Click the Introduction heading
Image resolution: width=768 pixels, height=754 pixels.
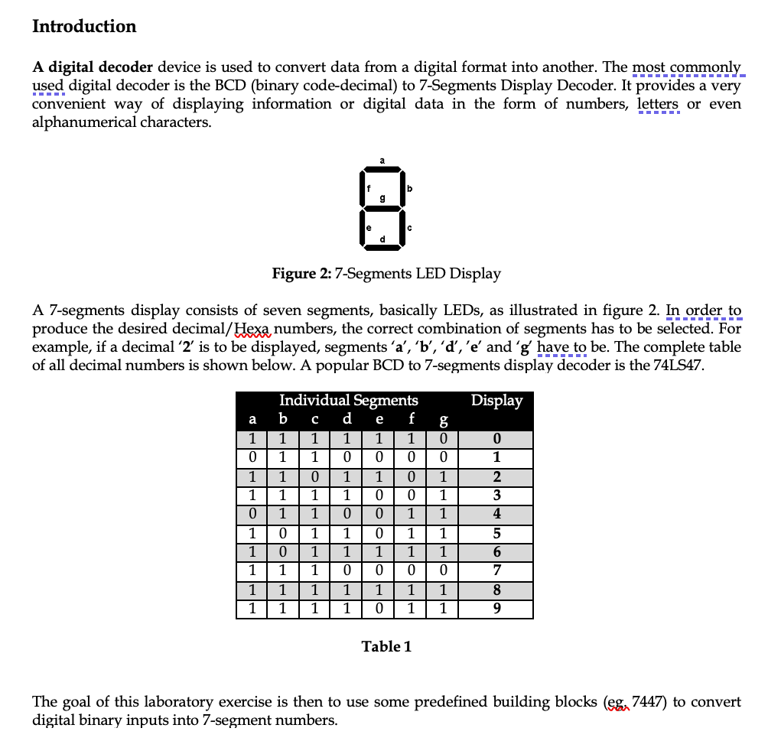point(84,26)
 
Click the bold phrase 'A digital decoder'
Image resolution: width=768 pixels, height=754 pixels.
point(92,67)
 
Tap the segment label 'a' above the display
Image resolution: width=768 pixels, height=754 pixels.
point(382,161)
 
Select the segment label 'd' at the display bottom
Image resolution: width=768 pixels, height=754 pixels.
point(382,243)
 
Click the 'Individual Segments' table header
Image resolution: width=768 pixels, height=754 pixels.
point(349,400)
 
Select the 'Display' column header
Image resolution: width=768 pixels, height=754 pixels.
point(496,400)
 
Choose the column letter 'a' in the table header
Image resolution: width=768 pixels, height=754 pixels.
point(252,419)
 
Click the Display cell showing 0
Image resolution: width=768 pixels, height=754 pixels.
point(496,440)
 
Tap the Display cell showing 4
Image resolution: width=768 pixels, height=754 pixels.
point(496,513)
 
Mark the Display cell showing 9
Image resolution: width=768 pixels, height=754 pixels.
point(496,609)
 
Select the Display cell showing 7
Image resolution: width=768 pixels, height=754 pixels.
point(496,571)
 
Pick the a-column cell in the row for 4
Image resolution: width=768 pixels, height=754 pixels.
point(252,513)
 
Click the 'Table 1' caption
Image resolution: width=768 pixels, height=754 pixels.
point(386,646)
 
